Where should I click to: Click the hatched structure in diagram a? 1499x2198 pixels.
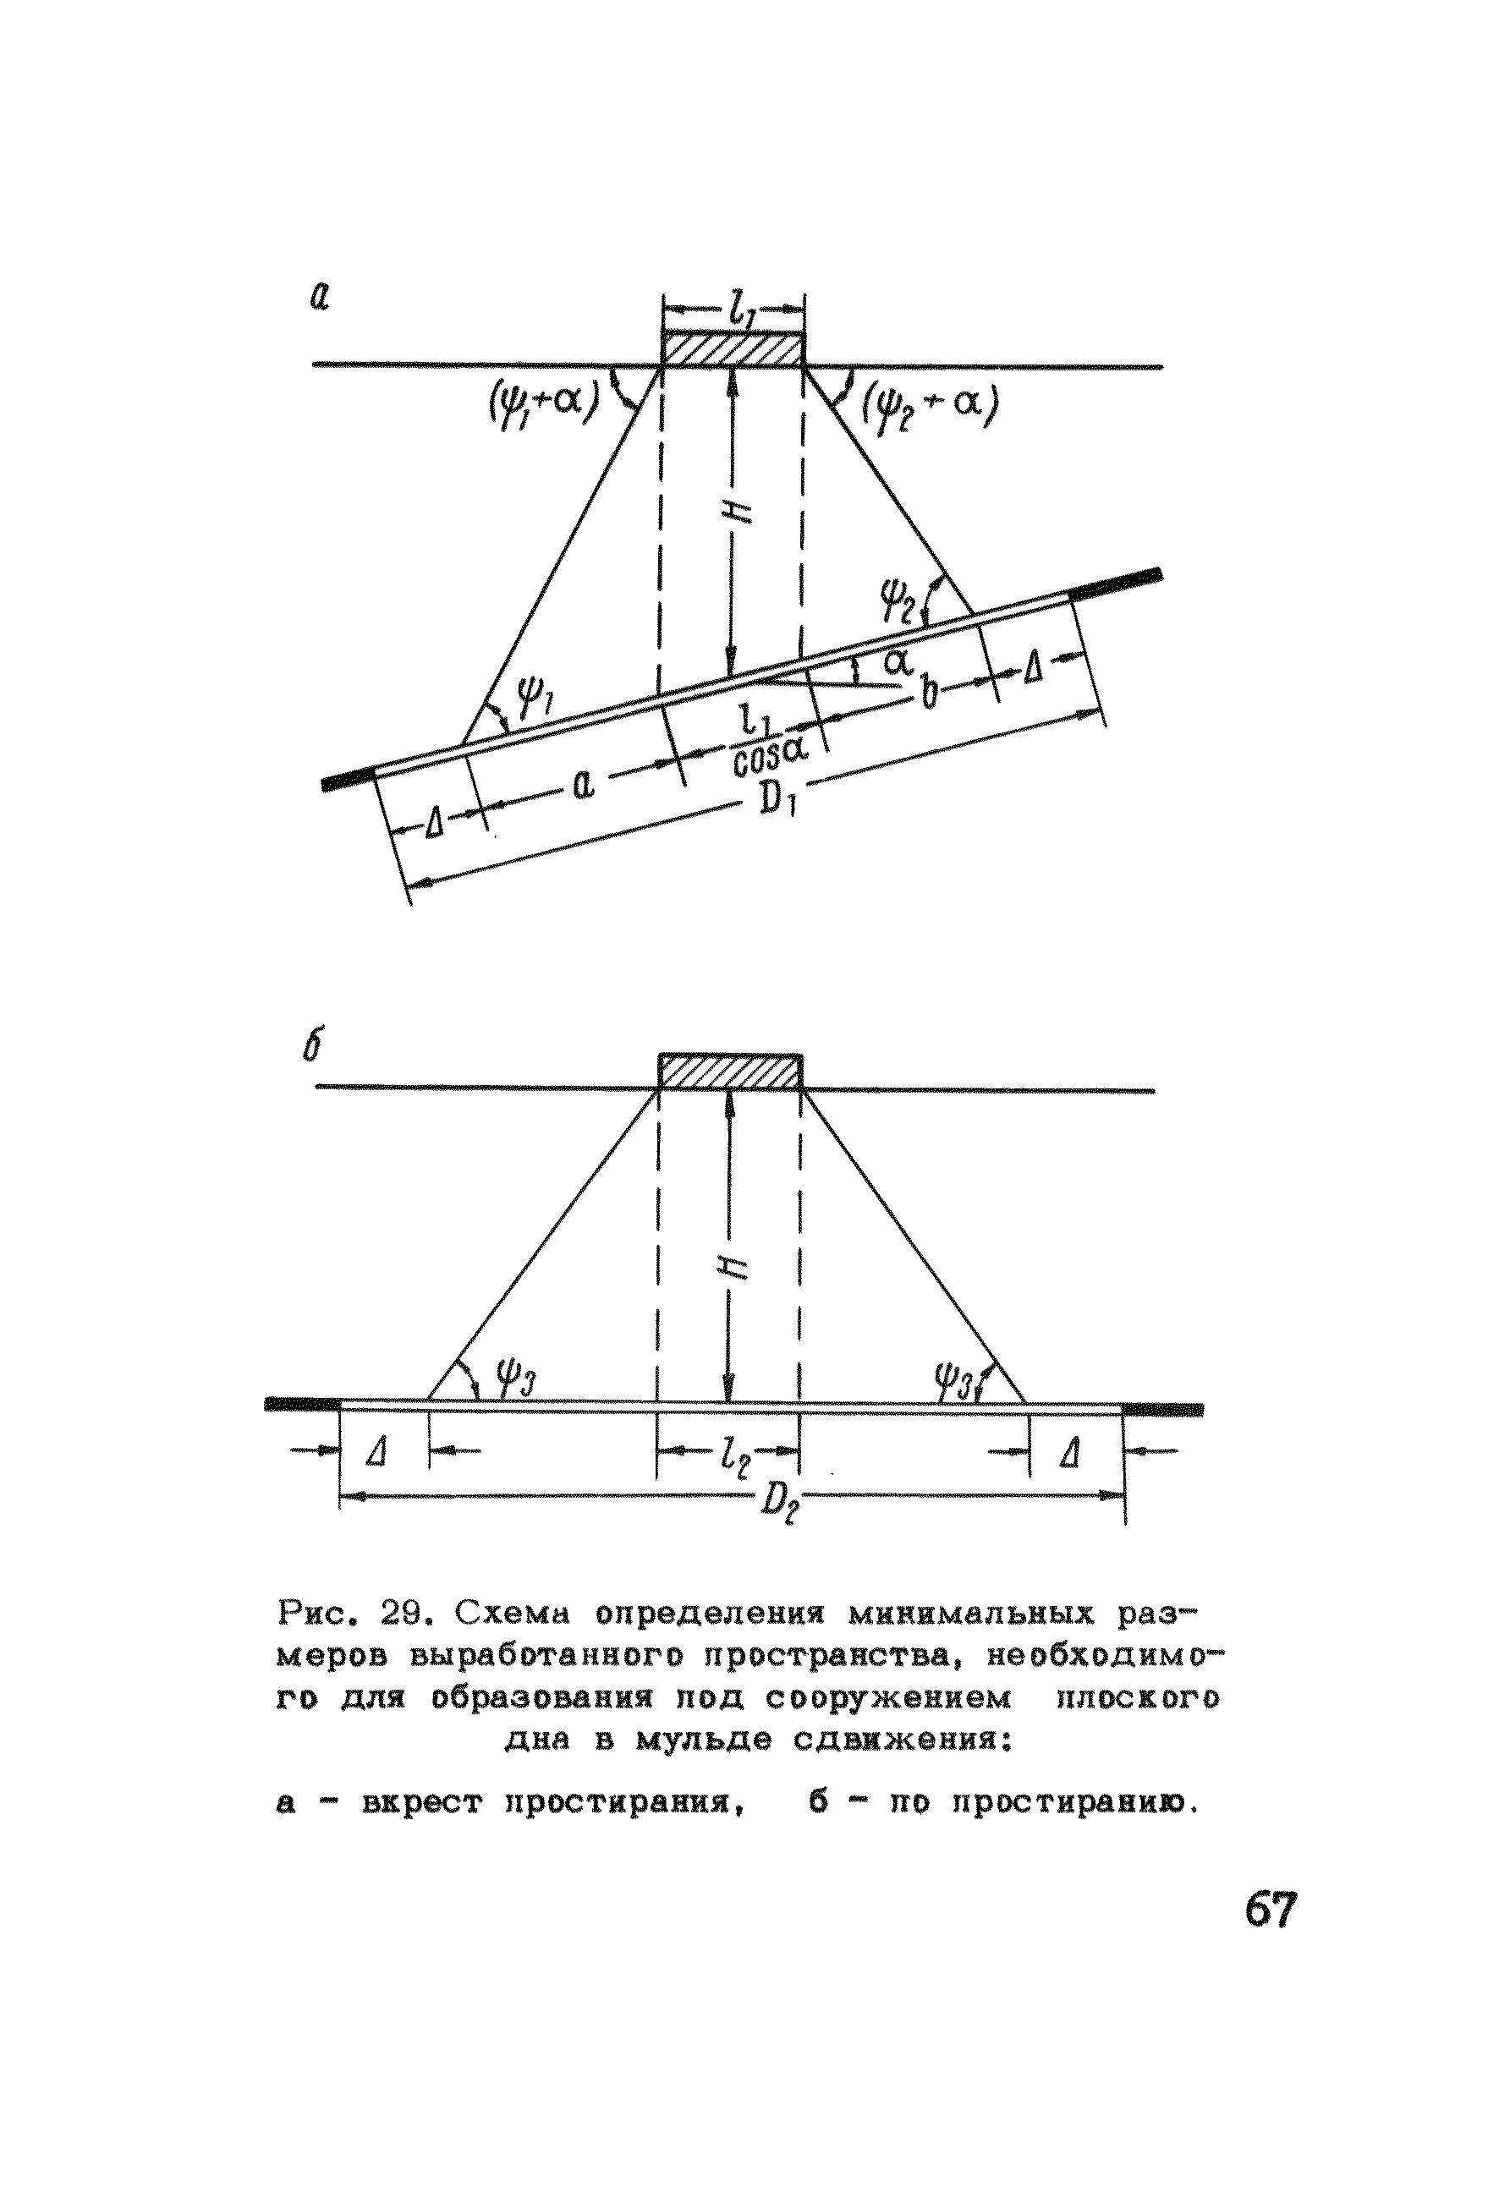[732, 348]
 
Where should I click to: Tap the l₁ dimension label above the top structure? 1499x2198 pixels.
[735, 306]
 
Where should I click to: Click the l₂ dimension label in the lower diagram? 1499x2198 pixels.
[734, 1457]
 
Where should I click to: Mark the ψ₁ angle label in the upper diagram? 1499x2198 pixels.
[537, 701]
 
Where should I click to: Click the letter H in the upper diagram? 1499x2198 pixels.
[739, 511]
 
